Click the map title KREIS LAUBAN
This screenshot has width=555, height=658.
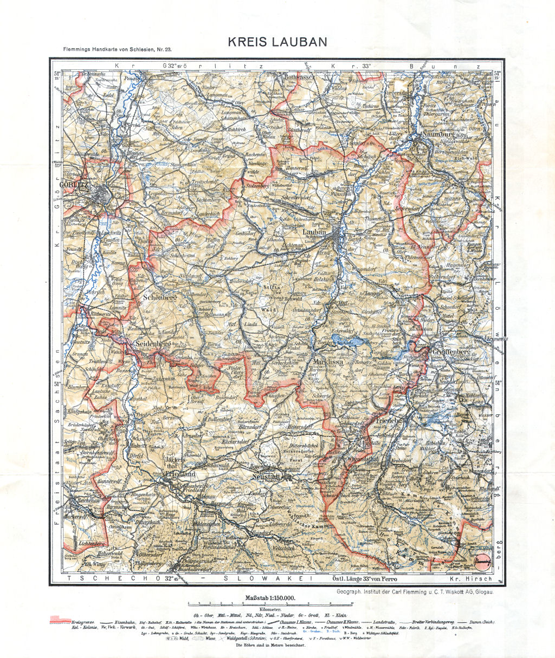coord(277,42)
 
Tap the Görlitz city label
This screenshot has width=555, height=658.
coord(77,184)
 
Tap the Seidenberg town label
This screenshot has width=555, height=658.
coord(153,344)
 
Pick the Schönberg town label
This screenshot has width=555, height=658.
coord(159,297)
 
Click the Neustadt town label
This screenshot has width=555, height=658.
coord(267,477)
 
